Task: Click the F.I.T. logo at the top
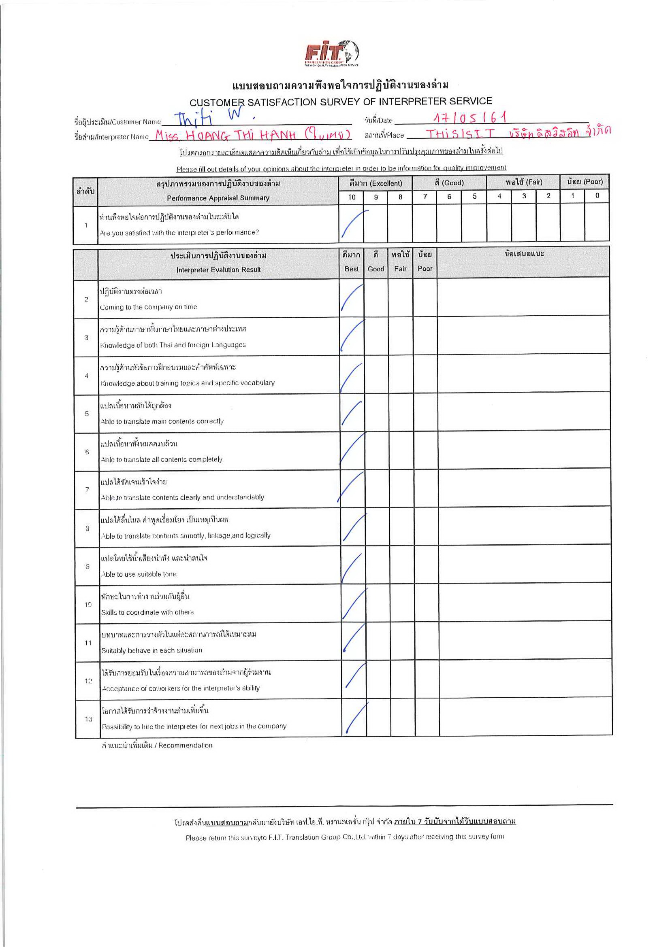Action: click(331, 53)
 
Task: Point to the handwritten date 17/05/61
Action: click(470, 118)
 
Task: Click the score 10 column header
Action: click(351, 197)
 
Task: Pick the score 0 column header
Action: click(597, 195)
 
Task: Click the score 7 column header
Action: click(425, 197)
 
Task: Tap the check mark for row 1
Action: click(353, 225)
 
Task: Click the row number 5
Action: click(87, 414)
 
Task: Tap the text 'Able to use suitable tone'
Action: click(139, 574)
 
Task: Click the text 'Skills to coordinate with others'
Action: click(147, 612)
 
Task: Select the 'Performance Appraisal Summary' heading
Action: click(218, 198)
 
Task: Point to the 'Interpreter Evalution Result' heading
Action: click(218, 270)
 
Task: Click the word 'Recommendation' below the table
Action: click(186, 745)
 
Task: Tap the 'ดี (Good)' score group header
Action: click(449, 183)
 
